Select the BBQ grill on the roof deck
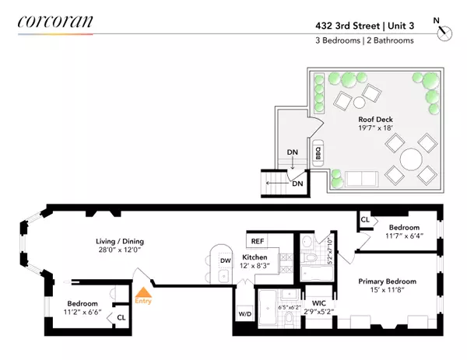[318, 153]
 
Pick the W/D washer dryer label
[245, 315]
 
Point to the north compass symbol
[444, 32]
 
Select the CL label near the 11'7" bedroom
[365, 221]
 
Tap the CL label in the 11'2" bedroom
[121, 316]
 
